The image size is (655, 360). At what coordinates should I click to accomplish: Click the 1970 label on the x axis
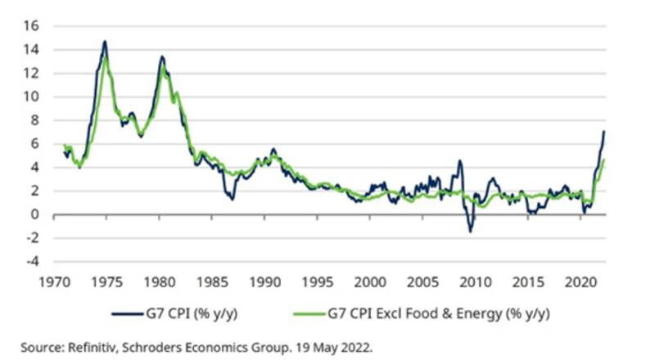click(x=55, y=281)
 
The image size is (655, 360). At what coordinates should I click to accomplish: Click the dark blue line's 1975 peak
click(x=105, y=41)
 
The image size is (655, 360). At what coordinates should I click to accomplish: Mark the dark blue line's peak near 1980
click(x=162, y=56)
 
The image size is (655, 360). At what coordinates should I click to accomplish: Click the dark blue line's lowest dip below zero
click(x=471, y=232)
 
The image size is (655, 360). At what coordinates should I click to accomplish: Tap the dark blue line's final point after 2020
click(x=604, y=132)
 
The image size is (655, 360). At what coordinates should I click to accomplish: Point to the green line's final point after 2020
click(x=604, y=160)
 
